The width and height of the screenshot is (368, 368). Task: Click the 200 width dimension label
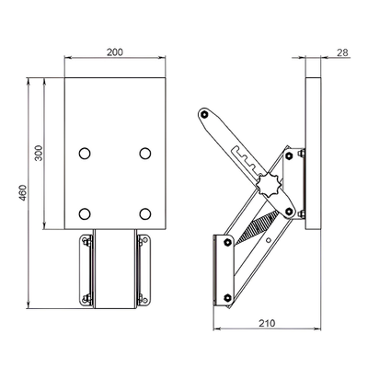point(115,52)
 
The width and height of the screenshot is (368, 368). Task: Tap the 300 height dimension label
point(39,153)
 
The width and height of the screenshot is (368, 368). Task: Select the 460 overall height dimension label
point(23,192)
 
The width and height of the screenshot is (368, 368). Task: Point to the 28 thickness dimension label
point(342,52)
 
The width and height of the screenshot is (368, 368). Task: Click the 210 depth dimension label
point(267,323)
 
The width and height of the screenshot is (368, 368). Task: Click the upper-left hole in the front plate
point(85,154)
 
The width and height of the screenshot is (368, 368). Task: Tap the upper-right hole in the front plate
point(145,154)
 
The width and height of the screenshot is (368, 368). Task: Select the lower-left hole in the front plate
point(85,213)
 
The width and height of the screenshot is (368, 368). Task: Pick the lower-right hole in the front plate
point(145,213)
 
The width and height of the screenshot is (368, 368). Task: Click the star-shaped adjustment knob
point(268,185)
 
